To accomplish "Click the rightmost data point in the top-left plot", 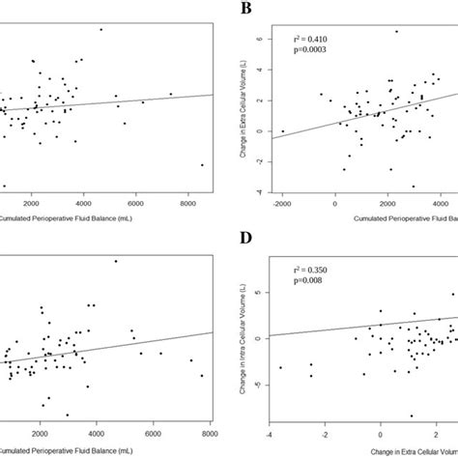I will pos(202,165).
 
